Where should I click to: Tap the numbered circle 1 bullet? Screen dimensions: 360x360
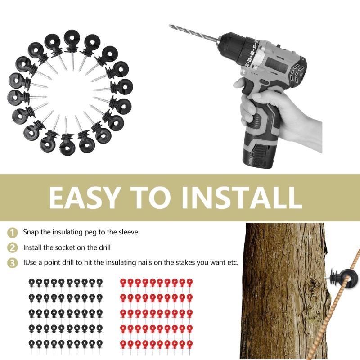12,233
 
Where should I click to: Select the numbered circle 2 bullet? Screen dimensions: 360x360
12,247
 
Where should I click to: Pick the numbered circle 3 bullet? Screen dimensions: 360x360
12,262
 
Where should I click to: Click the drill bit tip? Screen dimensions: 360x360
171,27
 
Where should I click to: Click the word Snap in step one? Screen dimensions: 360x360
31,232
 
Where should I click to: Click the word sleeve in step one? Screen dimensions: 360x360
128,232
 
